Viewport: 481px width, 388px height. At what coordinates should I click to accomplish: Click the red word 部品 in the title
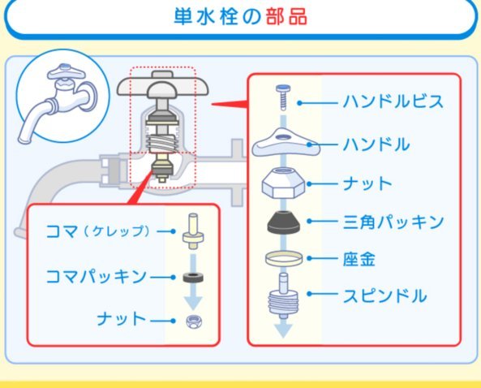click(286, 16)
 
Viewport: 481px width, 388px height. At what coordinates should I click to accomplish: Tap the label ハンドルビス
click(393, 101)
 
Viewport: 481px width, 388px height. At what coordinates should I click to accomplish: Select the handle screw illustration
click(283, 97)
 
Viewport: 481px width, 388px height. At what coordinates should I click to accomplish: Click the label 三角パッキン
click(393, 222)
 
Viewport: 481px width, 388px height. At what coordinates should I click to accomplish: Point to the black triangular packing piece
click(283, 222)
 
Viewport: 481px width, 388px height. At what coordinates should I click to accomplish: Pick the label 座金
click(359, 260)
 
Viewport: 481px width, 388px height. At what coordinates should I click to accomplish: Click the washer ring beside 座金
click(284, 259)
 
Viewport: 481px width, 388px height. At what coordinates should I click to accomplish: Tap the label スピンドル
click(384, 296)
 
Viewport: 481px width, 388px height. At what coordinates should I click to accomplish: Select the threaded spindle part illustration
click(283, 296)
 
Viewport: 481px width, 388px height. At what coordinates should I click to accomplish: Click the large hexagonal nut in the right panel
click(283, 183)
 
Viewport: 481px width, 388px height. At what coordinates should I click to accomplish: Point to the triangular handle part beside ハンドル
click(286, 142)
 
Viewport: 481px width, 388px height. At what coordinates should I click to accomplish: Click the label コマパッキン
click(96, 276)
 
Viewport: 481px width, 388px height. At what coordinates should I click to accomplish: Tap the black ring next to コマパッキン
click(193, 278)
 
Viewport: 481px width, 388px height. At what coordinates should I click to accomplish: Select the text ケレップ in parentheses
click(117, 231)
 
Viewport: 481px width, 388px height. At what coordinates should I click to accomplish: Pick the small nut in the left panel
click(194, 321)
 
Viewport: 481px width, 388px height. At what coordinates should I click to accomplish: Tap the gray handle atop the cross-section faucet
click(162, 84)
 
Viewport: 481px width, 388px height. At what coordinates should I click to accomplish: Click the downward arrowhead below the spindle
click(283, 330)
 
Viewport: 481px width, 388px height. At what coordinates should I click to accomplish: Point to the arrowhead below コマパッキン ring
click(193, 302)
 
